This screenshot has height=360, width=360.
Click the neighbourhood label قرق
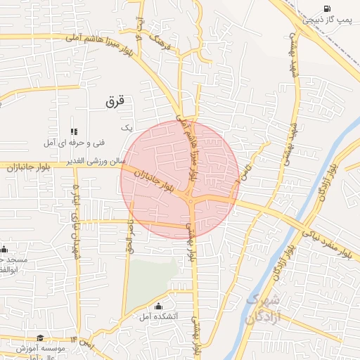coord(115,101)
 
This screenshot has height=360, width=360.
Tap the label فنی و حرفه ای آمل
coord(74,143)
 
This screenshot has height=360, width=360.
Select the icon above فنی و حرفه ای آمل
coord(74,131)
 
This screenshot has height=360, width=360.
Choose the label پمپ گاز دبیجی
coord(326,20)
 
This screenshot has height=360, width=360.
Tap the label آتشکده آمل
coord(159,316)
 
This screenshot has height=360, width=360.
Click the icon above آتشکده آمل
coord(157,306)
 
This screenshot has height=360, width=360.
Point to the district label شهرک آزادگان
coord(263,309)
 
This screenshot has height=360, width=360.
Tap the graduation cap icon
coord(39,338)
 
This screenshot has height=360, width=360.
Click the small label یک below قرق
coord(127,127)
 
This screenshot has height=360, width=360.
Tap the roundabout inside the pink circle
coord(191,202)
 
